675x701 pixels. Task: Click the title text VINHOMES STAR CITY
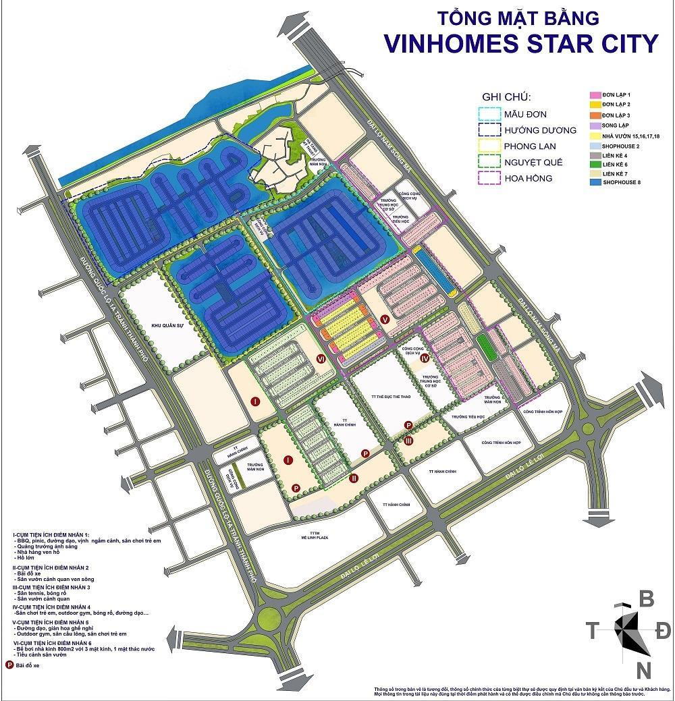520,42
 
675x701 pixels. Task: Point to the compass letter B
646,598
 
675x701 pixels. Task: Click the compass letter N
645,671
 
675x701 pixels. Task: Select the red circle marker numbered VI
321,360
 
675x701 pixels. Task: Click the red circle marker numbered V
385,320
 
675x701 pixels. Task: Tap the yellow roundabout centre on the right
589,429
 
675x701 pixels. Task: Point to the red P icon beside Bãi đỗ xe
9,664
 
